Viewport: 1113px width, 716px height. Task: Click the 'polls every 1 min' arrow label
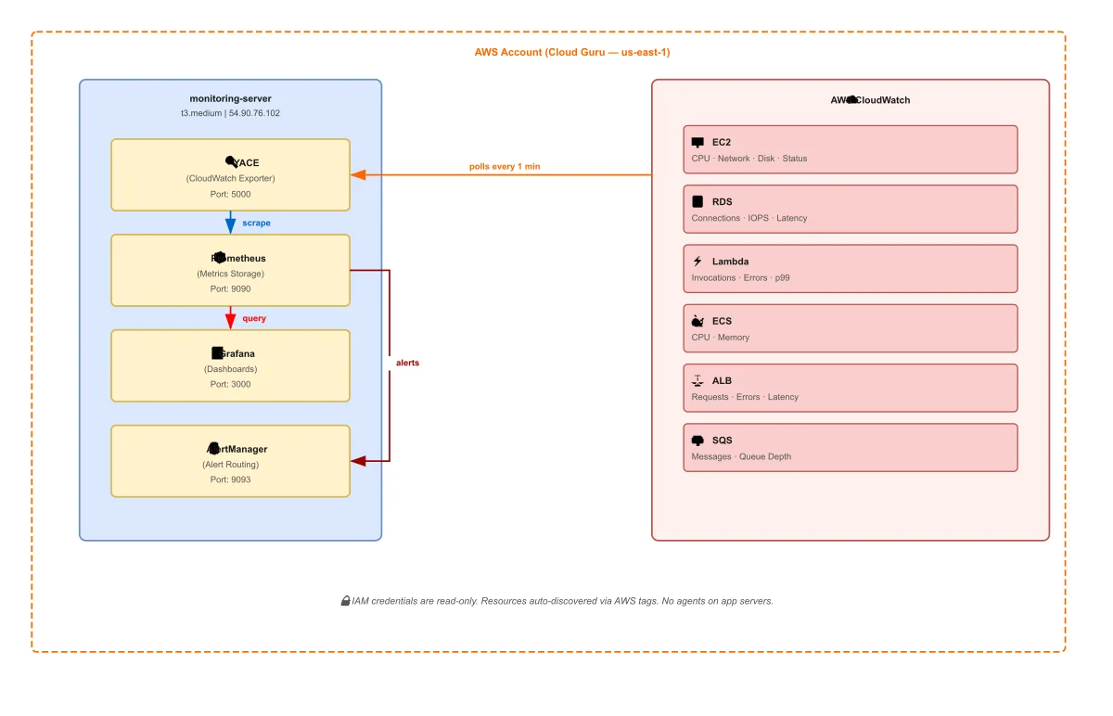pyautogui.click(x=504, y=167)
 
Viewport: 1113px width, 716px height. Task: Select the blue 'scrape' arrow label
pyautogui.click(x=256, y=224)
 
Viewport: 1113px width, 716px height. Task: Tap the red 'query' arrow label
pyautogui.click(x=254, y=318)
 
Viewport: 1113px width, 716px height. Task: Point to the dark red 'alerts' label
pyautogui.click(x=407, y=363)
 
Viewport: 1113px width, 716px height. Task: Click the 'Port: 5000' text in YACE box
pyautogui.click(x=230, y=195)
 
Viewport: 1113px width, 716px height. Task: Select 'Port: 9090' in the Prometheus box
pyautogui.click(x=230, y=289)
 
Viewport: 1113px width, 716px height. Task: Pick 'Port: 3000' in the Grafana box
pyautogui.click(x=230, y=384)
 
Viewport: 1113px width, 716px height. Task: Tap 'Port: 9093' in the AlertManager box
pyautogui.click(x=230, y=479)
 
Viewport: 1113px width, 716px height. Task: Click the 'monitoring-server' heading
pyautogui.click(x=230, y=98)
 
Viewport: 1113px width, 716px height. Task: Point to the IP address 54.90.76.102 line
pyautogui.click(x=230, y=113)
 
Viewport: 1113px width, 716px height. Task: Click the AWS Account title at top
pyautogui.click(x=571, y=52)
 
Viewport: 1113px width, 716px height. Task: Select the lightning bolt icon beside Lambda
pyautogui.click(x=697, y=262)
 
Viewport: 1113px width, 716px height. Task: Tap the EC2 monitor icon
pyautogui.click(x=697, y=143)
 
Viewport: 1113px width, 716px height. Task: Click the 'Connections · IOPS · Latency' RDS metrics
pyautogui.click(x=748, y=218)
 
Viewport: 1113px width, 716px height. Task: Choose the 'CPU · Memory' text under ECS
pyautogui.click(x=720, y=338)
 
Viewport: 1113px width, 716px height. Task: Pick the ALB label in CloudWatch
pyautogui.click(x=722, y=380)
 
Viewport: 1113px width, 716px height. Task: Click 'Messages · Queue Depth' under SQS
pyautogui.click(x=741, y=456)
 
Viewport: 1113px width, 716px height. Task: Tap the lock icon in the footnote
pyautogui.click(x=345, y=601)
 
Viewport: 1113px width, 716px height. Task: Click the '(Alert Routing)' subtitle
pyautogui.click(x=230, y=464)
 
